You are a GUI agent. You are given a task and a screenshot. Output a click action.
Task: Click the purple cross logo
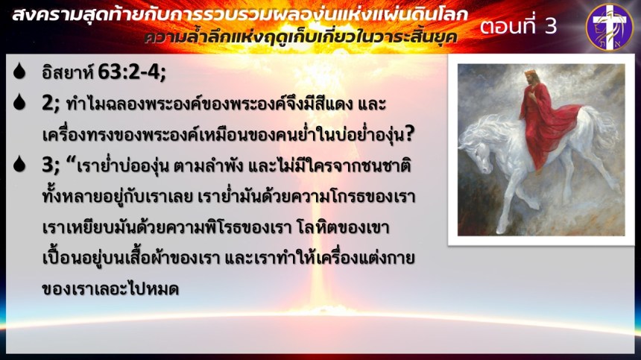point(610,28)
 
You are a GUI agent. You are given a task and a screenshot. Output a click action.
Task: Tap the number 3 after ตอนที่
point(550,27)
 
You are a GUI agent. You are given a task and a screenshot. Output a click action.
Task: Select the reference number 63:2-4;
point(132,72)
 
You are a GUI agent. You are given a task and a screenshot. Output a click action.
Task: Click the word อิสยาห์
point(68,72)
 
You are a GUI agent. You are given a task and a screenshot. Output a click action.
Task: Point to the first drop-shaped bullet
point(19,71)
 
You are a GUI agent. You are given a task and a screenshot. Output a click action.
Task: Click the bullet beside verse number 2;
point(19,102)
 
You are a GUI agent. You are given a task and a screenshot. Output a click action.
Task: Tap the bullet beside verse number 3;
point(19,163)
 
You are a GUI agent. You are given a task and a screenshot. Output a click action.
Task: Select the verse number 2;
point(51,104)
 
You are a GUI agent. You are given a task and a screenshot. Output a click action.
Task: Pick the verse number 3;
point(51,165)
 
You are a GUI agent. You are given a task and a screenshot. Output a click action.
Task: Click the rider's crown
point(530,74)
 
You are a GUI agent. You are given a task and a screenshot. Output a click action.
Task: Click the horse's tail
point(605,130)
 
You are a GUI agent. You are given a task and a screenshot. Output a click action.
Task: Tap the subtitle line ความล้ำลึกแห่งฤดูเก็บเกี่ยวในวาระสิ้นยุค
point(300,37)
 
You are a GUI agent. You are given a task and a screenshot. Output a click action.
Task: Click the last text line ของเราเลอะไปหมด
point(110,289)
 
